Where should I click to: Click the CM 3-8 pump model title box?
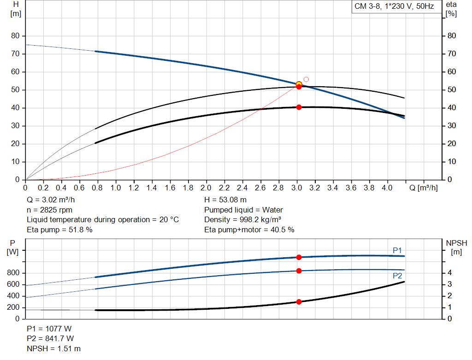(x=394, y=7)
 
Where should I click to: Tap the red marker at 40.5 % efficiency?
(x=299, y=107)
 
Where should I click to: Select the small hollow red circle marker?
(x=306, y=79)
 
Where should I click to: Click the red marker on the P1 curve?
(x=299, y=257)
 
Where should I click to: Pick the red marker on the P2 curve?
(x=299, y=271)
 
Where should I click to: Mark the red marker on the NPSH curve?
(x=299, y=302)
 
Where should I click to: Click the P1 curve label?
(x=397, y=250)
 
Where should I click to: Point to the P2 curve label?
(x=397, y=276)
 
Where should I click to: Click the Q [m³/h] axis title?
(x=423, y=188)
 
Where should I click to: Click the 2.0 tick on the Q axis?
(x=206, y=188)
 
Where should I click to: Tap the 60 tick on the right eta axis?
(x=452, y=72)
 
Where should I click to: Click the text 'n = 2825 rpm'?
(x=49, y=210)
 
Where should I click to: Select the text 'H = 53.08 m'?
(x=225, y=200)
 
